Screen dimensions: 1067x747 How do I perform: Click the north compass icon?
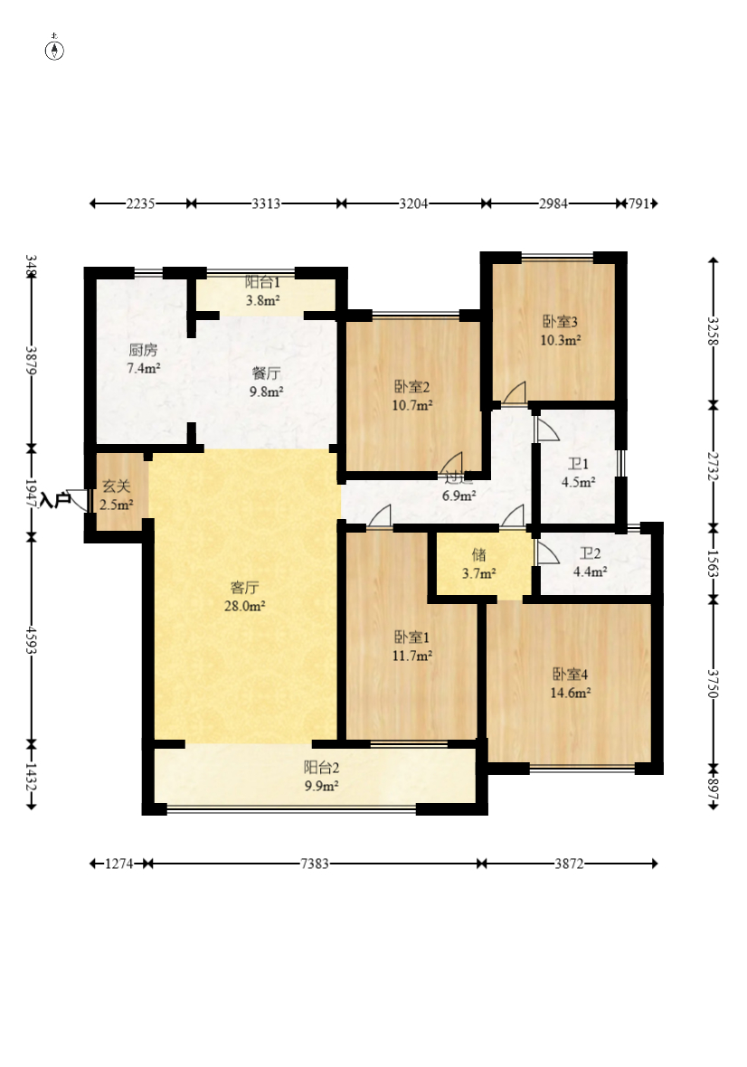pos(55,50)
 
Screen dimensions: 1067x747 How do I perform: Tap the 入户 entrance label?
pos(55,498)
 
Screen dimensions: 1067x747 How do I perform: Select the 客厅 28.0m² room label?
pos(245,597)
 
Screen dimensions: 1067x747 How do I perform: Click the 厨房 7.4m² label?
pos(143,359)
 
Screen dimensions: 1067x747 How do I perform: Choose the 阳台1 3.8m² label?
pos(262,292)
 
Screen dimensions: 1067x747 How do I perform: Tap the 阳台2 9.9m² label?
pos(321,777)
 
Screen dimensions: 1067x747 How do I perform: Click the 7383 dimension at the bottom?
pos(315,864)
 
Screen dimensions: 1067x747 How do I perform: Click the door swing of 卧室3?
pos(515,393)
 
